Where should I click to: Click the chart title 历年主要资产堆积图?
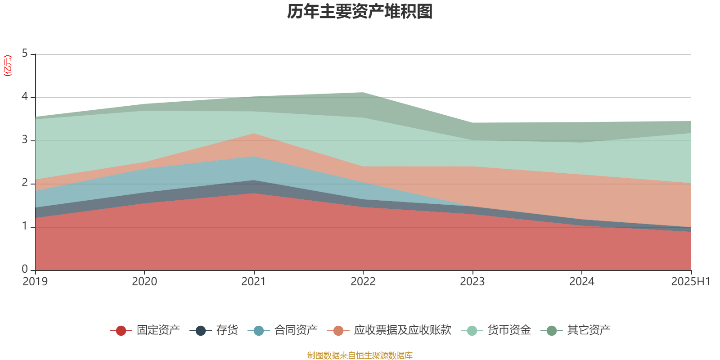pos(360,12)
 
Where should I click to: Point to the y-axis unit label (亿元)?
pos(8,66)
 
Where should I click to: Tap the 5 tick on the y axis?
pos(25,54)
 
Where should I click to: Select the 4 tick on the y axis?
pos(25,97)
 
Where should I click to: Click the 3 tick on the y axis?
pos(25,140)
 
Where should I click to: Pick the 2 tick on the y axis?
pos(25,183)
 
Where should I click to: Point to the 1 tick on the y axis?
pos(25,226)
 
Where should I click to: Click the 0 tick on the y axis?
pos(25,269)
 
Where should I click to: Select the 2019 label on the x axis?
pos(35,282)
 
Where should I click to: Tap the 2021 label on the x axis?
pos(254,282)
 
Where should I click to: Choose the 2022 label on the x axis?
pos(363,282)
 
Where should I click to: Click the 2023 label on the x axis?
pos(472,282)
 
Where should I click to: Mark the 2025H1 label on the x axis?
pos(690,282)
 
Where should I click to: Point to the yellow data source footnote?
pos(360,355)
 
